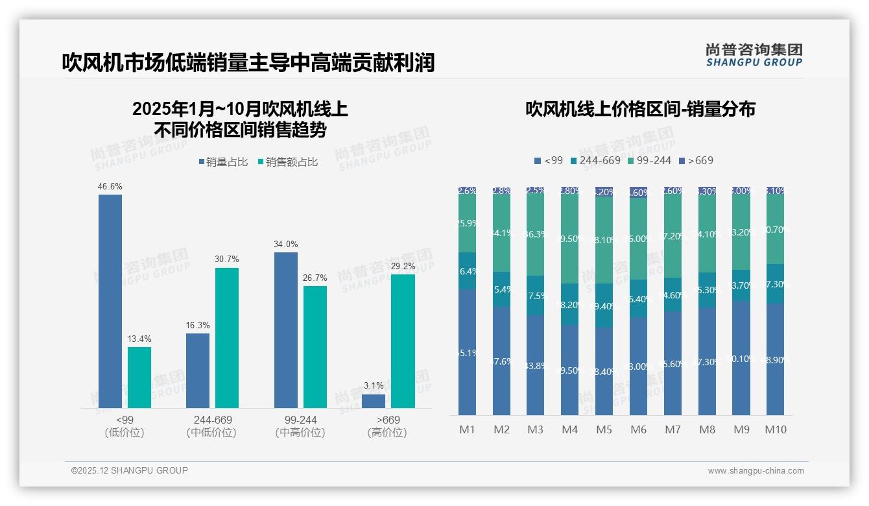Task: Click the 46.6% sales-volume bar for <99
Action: (110, 301)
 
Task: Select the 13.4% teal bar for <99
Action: (139, 378)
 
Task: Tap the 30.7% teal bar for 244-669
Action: (227, 338)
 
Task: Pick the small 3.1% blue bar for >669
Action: (374, 401)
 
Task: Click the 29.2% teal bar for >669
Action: (403, 341)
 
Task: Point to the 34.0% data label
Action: (286, 245)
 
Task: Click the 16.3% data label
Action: (198, 326)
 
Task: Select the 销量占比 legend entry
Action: (223, 162)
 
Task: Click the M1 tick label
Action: (467, 429)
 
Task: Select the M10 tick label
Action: (775, 429)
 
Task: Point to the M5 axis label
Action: (604, 429)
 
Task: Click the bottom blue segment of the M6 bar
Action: (638, 366)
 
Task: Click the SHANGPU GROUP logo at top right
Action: (754, 55)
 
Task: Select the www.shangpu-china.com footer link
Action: (756, 471)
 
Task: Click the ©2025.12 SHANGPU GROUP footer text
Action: (130, 470)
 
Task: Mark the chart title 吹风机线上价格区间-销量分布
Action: (640, 109)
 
